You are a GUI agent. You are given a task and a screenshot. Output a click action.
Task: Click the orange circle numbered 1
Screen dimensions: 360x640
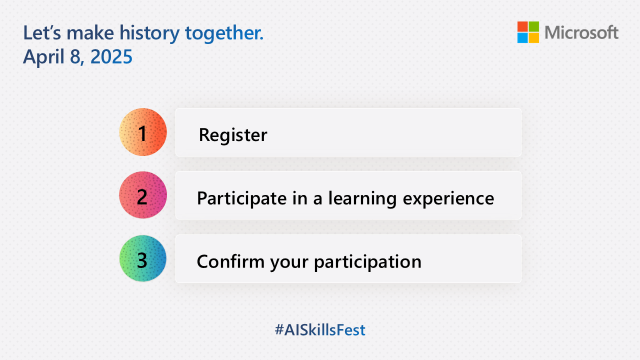(x=143, y=132)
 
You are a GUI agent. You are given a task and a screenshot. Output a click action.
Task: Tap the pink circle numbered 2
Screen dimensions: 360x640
(x=143, y=195)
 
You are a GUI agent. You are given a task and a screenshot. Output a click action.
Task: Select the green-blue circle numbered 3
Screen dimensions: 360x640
(x=143, y=259)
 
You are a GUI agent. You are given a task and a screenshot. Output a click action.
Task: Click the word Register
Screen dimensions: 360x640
(x=233, y=135)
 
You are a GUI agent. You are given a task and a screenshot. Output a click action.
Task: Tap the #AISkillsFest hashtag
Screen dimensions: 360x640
(x=320, y=330)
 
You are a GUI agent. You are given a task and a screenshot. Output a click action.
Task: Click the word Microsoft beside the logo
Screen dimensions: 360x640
(x=581, y=33)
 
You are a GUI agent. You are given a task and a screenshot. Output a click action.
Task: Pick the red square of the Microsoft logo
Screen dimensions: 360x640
(x=522, y=26)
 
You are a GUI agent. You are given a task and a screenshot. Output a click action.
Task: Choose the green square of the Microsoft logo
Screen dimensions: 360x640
(x=534, y=26)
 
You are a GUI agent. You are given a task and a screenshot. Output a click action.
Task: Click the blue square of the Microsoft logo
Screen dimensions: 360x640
(x=522, y=38)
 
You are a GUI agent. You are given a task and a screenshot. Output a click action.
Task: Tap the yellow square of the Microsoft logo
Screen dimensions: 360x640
(x=534, y=38)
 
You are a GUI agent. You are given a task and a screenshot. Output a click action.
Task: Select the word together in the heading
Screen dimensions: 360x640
(x=223, y=33)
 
